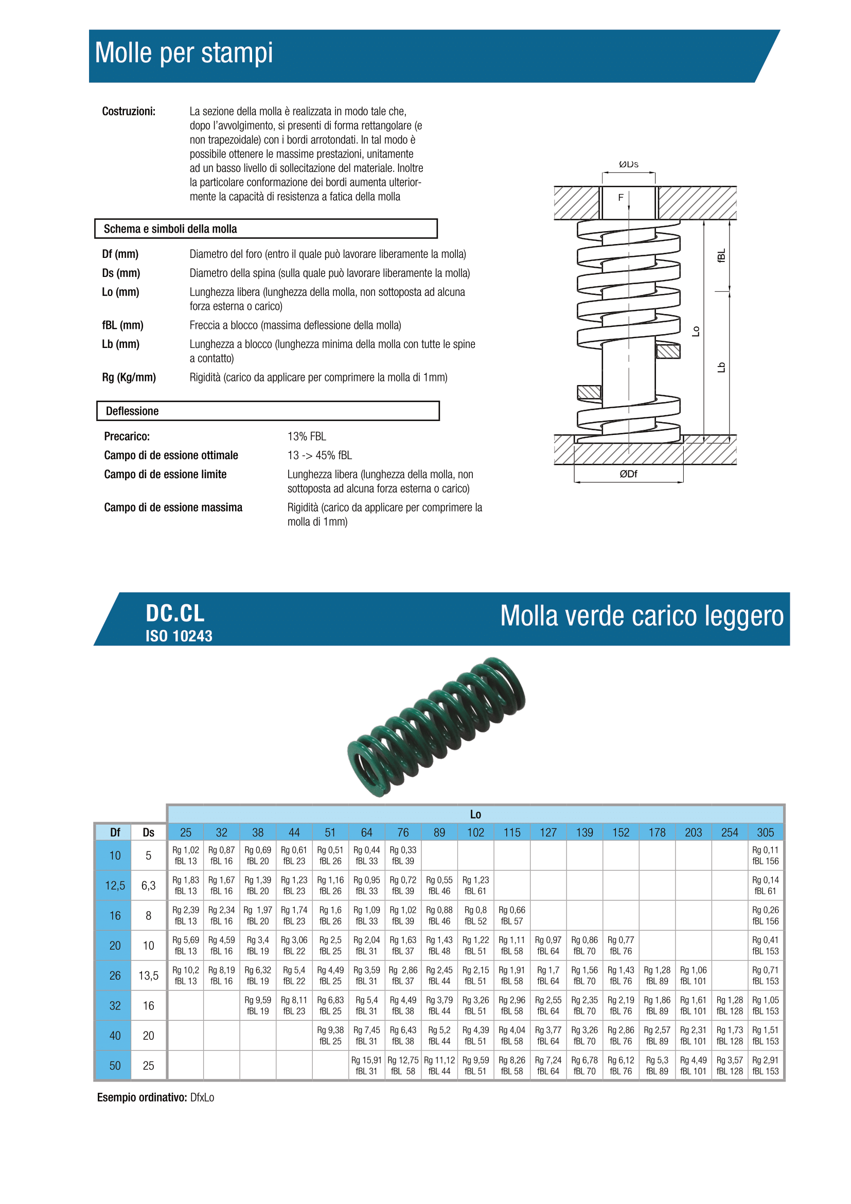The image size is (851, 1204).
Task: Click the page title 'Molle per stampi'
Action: pyautogui.click(x=183, y=53)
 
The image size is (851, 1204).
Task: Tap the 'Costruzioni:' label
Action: pyautogui.click(x=129, y=111)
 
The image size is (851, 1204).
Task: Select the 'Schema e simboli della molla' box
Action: pyautogui.click(x=265, y=229)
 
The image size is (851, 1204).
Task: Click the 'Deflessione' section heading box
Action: pyautogui.click(x=268, y=411)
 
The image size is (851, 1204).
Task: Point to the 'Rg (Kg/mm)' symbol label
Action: pyautogui.click(x=129, y=377)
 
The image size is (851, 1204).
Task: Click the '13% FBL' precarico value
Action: pyautogui.click(x=307, y=437)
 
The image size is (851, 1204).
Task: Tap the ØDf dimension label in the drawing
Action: pyautogui.click(x=628, y=474)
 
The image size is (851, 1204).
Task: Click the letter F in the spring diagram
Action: pyautogui.click(x=620, y=198)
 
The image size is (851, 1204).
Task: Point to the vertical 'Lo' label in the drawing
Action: pyautogui.click(x=696, y=331)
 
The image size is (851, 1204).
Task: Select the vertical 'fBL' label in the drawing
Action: pyautogui.click(x=721, y=255)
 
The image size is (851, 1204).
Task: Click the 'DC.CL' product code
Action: pyautogui.click(x=175, y=613)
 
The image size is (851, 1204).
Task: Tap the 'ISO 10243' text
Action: pyautogui.click(x=179, y=636)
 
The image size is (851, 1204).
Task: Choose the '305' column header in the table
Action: pyautogui.click(x=765, y=832)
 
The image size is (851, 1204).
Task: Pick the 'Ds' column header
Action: pyautogui.click(x=148, y=832)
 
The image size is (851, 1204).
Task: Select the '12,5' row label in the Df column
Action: pyautogui.click(x=115, y=886)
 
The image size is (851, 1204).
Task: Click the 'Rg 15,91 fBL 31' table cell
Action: pyautogui.click(x=366, y=1066)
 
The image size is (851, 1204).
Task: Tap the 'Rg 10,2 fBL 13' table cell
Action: pyautogui.click(x=186, y=975)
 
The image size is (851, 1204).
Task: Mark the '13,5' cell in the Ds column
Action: pyautogui.click(x=148, y=975)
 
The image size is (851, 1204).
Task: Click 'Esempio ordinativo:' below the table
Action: pyautogui.click(x=141, y=1097)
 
